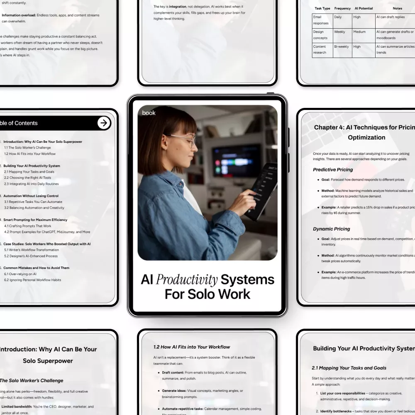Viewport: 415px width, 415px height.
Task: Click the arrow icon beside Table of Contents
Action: pos(104,123)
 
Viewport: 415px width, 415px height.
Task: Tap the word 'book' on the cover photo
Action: pos(149,112)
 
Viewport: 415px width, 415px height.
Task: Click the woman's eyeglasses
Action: pos(185,140)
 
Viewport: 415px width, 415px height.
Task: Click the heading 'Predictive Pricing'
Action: pos(333,170)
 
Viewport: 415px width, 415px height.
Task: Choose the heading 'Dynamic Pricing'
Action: pos(331,229)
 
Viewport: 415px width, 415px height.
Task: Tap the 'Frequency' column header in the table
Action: pos(342,8)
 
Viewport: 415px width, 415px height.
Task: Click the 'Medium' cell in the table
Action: pos(359,32)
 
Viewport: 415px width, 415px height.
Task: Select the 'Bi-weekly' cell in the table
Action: pos(342,47)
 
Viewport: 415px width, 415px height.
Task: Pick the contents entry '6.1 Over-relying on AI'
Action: pos(20,274)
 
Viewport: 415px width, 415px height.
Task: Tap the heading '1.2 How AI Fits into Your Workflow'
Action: pos(192,347)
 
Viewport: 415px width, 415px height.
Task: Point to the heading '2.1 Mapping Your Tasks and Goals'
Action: pos(349,368)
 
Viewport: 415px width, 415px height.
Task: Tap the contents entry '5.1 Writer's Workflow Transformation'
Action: pos(32,250)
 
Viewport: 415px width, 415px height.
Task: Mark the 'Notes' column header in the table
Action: pos(397,8)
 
